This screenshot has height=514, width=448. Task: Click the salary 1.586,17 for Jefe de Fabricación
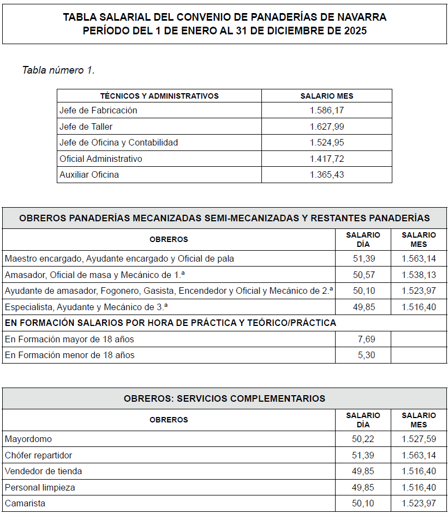click(326, 111)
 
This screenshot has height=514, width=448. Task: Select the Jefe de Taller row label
click(86, 127)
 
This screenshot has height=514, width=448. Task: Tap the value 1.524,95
click(326, 143)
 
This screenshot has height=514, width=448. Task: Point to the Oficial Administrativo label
click(101, 159)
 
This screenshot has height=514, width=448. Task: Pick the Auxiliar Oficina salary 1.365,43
click(326, 175)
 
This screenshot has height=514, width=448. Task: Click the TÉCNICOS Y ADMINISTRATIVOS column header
click(159, 96)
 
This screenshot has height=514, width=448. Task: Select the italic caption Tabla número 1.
click(58, 70)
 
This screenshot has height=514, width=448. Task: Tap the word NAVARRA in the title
click(360, 17)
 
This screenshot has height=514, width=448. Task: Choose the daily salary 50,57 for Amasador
click(364, 275)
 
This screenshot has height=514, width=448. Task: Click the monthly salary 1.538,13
click(419, 275)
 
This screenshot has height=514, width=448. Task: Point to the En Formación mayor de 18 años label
click(69, 339)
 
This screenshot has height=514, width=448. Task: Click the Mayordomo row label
click(28, 439)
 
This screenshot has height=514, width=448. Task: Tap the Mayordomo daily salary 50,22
click(364, 439)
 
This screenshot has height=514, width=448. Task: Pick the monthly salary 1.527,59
click(419, 439)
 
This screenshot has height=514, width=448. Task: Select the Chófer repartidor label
click(38, 455)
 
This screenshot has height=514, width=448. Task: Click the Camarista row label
click(25, 504)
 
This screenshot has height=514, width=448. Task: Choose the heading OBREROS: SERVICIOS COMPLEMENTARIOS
click(224, 398)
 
